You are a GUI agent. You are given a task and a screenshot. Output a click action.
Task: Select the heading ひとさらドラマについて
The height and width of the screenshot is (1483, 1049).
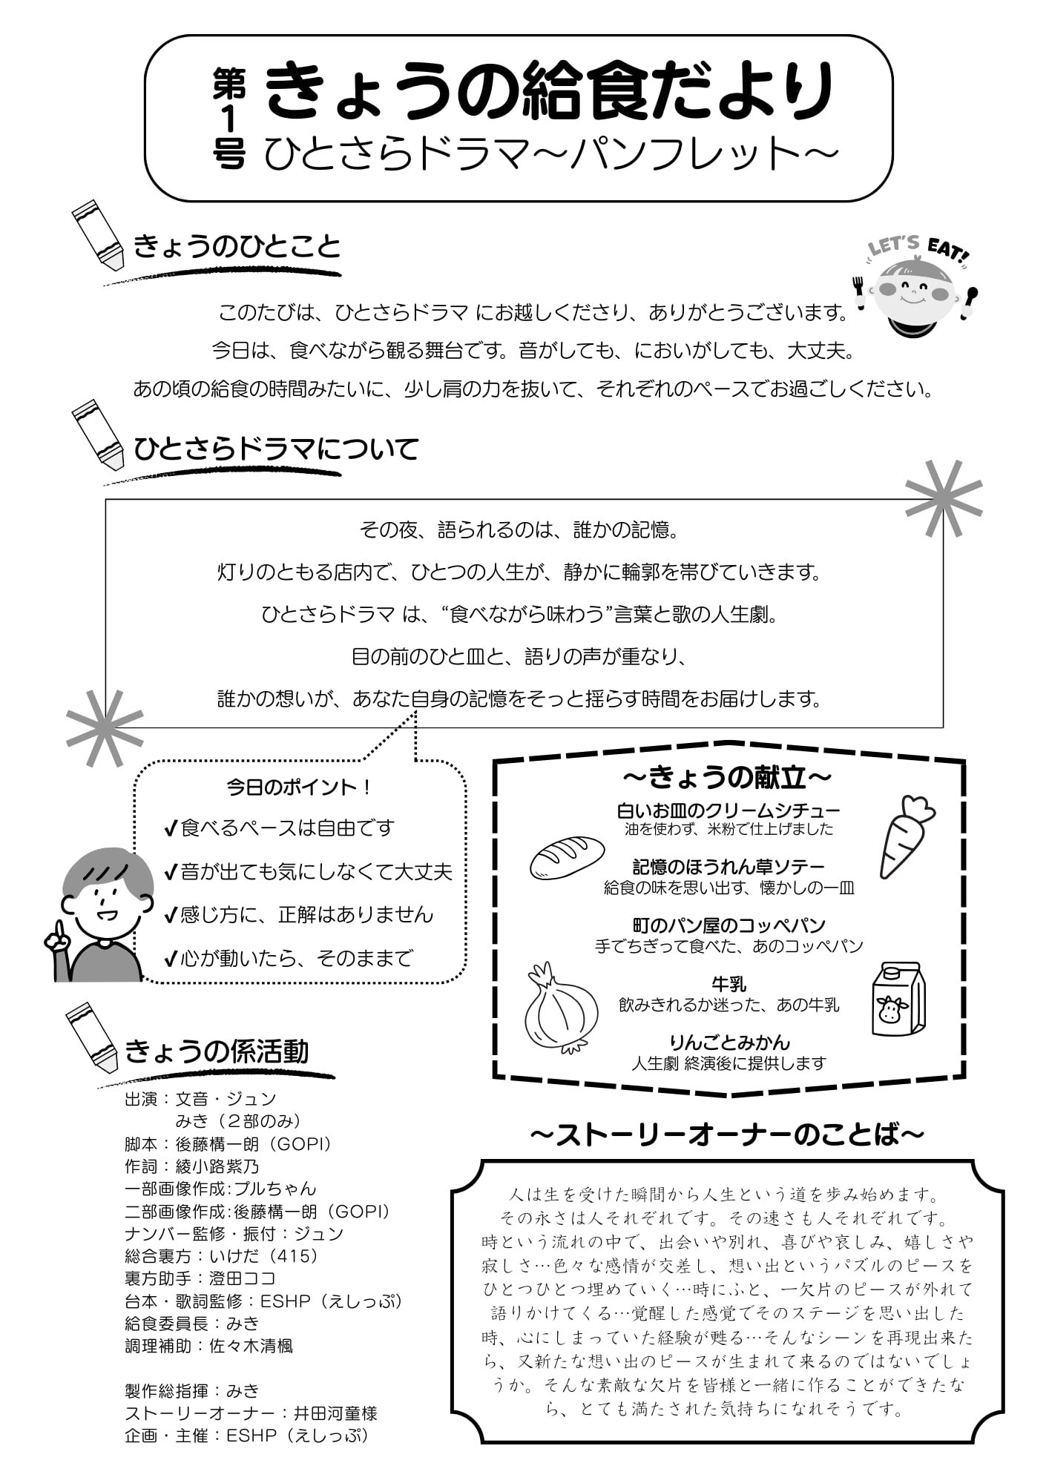click(x=276, y=449)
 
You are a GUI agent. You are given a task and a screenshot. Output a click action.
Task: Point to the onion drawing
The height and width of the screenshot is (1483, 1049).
click(x=562, y=1008)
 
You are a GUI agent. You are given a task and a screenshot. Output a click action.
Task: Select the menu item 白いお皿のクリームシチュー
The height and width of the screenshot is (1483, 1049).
click(x=729, y=810)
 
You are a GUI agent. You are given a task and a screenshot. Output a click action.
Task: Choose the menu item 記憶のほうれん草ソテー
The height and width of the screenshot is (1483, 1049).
click(x=729, y=867)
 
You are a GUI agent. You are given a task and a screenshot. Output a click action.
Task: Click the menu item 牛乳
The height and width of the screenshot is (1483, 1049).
click(x=729, y=984)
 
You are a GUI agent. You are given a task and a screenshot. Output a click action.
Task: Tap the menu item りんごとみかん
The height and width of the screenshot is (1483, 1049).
click(x=729, y=1043)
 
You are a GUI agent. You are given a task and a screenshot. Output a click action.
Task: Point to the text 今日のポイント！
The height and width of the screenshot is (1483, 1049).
click(x=299, y=787)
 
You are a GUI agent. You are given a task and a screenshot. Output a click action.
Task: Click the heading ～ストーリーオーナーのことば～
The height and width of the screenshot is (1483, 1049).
click(x=728, y=1135)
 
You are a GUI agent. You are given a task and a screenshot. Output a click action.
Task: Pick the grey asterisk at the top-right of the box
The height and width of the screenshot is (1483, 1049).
click(x=944, y=498)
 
